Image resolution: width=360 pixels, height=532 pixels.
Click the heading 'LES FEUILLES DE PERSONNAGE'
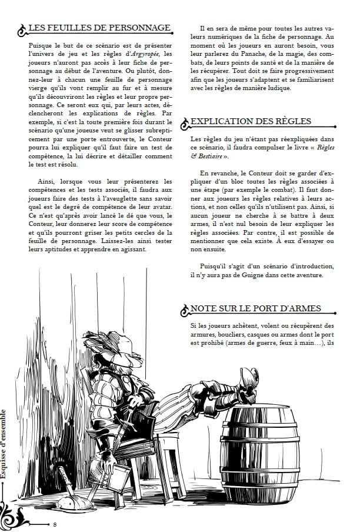point(100,28)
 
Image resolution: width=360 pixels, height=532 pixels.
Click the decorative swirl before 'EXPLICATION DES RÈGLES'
point(185,123)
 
